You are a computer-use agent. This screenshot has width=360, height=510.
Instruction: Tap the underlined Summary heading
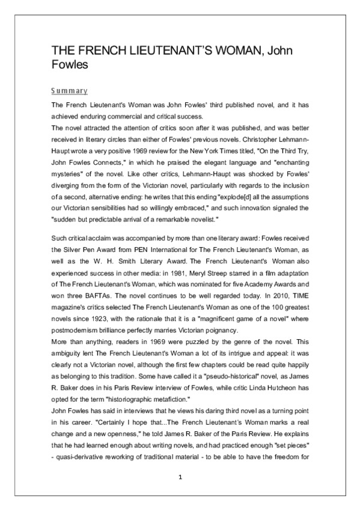point(69,91)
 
